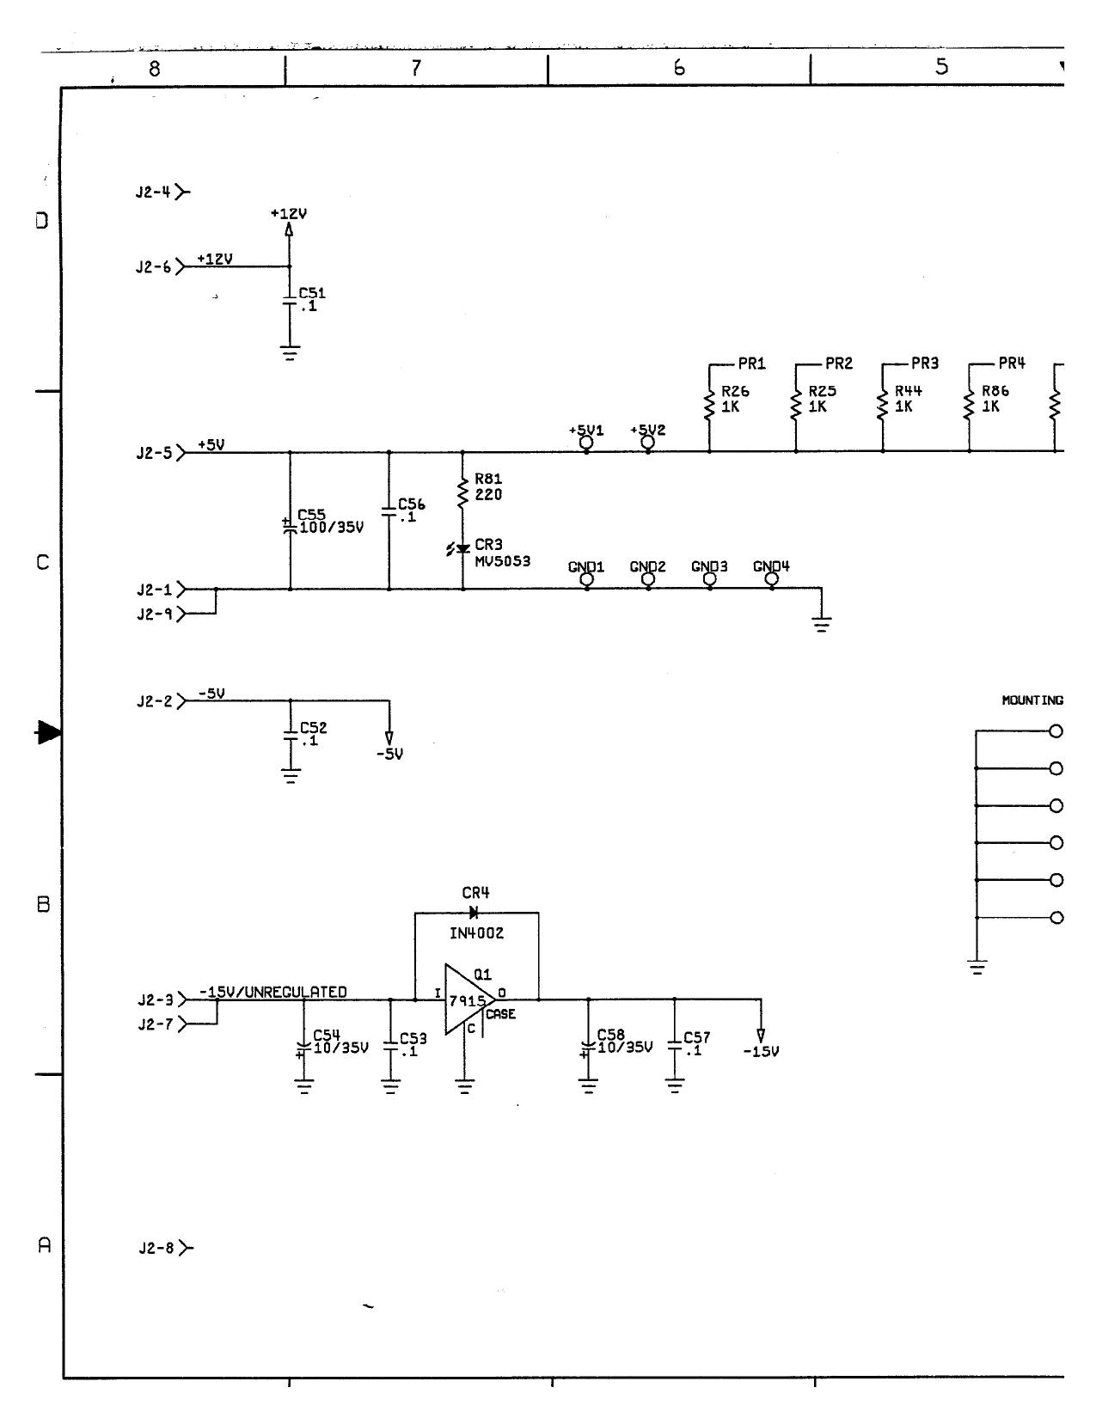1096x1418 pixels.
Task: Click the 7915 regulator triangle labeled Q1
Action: (467, 999)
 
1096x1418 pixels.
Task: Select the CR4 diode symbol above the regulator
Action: (474, 913)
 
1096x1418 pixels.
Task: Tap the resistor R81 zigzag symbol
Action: (462, 492)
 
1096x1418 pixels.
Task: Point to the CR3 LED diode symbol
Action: (462, 548)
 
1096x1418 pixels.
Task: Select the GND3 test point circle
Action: (710, 579)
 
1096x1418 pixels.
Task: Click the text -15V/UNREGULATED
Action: (273, 992)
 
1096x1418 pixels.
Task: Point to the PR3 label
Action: (925, 364)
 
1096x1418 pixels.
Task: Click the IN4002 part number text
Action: (476, 933)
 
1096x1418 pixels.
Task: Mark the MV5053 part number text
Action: (502, 561)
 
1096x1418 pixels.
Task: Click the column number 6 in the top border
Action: (679, 68)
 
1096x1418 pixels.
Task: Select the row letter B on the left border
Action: (43, 905)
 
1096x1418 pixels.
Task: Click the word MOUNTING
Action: (1032, 700)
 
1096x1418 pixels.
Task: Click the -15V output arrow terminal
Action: (760, 1036)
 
